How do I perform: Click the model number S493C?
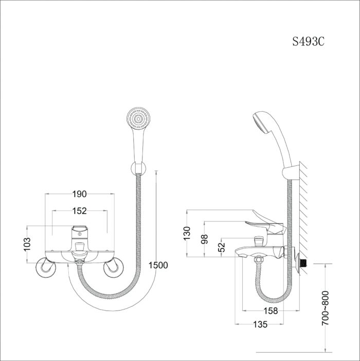click(308, 41)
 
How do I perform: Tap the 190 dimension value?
click(80, 194)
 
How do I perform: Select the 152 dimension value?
click(80, 211)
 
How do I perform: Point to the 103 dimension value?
click(27, 244)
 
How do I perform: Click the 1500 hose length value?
click(158, 265)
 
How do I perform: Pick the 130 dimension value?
click(187, 233)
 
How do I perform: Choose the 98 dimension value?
click(204, 239)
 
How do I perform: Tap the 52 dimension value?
click(222, 247)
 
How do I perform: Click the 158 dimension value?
click(271, 311)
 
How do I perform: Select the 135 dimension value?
click(260, 324)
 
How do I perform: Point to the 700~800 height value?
click(326, 308)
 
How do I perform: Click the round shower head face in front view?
click(138, 119)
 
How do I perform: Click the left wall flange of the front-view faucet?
click(46, 267)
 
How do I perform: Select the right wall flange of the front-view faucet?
click(113, 267)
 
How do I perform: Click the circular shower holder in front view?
click(138, 168)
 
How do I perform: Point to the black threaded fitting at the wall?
click(304, 264)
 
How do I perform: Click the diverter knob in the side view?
click(259, 242)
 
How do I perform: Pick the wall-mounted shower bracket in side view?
click(291, 173)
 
